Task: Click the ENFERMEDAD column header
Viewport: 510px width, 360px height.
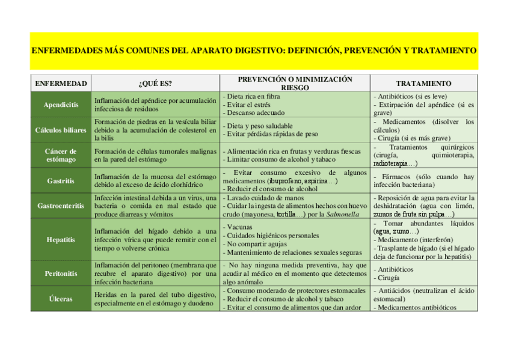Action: pyautogui.click(x=61, y=84)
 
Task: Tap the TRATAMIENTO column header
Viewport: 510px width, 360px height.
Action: pyautogui.click(x=424, y=84)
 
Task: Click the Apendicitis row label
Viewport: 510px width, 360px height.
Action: pyautogui.click(x=61, y=105)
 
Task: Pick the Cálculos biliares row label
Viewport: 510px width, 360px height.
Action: pyautogui.click(x=61, y=130)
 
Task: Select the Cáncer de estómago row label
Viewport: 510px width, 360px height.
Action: pyautogui.click(x=61, y=155)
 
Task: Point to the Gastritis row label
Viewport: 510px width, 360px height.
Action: pyautogui.click(x=61, y=180)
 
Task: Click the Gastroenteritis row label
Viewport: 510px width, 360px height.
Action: pyautogui.click(x=61, y=206)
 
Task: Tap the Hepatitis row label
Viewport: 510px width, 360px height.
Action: pyautogui.click(x=61, y=240)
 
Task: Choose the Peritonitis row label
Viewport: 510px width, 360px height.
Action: pyautogui.click(x=61, y=273)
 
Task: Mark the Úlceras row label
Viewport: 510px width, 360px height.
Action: pyautogui.click(x=61, y=299)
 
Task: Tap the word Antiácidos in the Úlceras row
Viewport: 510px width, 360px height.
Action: pyautogui.click(x=394, y=290)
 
